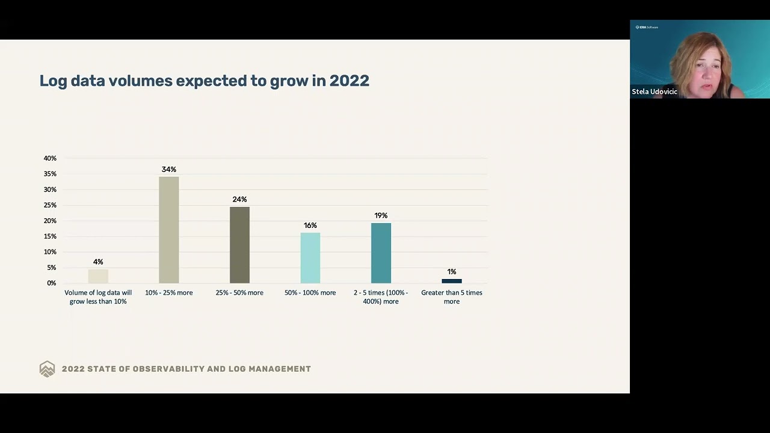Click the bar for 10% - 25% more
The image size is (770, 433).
coord(168,230)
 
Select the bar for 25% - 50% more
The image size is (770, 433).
coord(239,245)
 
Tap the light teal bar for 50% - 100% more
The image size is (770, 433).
coord(310,257)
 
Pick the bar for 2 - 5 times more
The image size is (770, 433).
coord(381,253)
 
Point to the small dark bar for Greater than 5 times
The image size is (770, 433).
coord(452,281)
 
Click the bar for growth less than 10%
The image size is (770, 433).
coord(98,276)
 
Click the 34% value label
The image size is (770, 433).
coord(168,170)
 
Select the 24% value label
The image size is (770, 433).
coord(239,199)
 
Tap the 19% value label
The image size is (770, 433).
coord(381,215)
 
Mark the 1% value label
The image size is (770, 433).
coord(452,272)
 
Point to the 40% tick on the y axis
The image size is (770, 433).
coord(50,158)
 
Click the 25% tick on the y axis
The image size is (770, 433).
coord(50,205)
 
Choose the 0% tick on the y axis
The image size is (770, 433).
coord(51,283)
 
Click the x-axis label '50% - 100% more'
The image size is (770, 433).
coord(310,293)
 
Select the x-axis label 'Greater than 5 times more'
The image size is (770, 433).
coord(452,297)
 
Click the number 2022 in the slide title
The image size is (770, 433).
coord(349,81)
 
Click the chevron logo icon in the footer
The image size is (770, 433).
coord(47,369)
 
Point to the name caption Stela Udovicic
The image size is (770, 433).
coord(654,92)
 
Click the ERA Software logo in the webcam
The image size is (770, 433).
coord(647,27)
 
